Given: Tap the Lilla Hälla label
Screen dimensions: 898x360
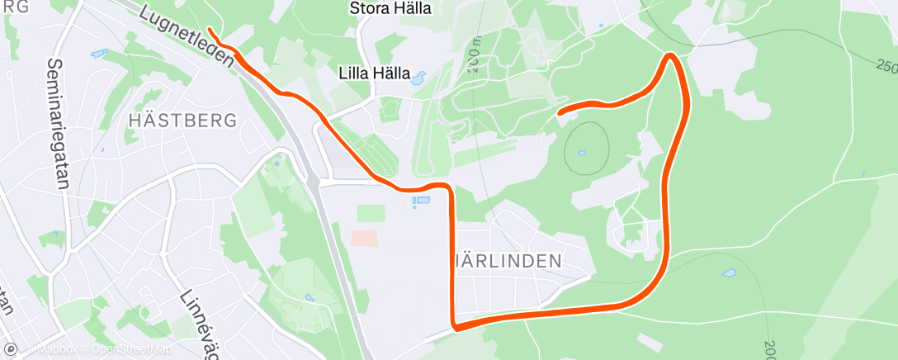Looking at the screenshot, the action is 375,73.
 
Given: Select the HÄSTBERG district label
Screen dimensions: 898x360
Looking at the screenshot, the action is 183,120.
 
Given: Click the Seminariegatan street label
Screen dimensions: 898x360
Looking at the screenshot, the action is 57,124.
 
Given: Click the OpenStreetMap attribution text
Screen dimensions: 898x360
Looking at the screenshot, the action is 132,349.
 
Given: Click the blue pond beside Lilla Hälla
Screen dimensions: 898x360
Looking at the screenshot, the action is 418,78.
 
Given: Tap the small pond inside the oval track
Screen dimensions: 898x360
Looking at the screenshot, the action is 583,153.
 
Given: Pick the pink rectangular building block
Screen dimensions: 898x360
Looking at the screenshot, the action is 364,238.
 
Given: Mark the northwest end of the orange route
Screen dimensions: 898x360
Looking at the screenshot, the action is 210,30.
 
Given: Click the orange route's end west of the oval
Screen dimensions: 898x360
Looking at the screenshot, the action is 560,111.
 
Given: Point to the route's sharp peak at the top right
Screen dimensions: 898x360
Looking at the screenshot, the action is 672,56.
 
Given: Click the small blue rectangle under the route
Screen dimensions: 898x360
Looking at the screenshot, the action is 421,201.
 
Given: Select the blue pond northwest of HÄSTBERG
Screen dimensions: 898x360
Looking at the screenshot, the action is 100,54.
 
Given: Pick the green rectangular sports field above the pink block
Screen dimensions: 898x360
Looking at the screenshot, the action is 371,213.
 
